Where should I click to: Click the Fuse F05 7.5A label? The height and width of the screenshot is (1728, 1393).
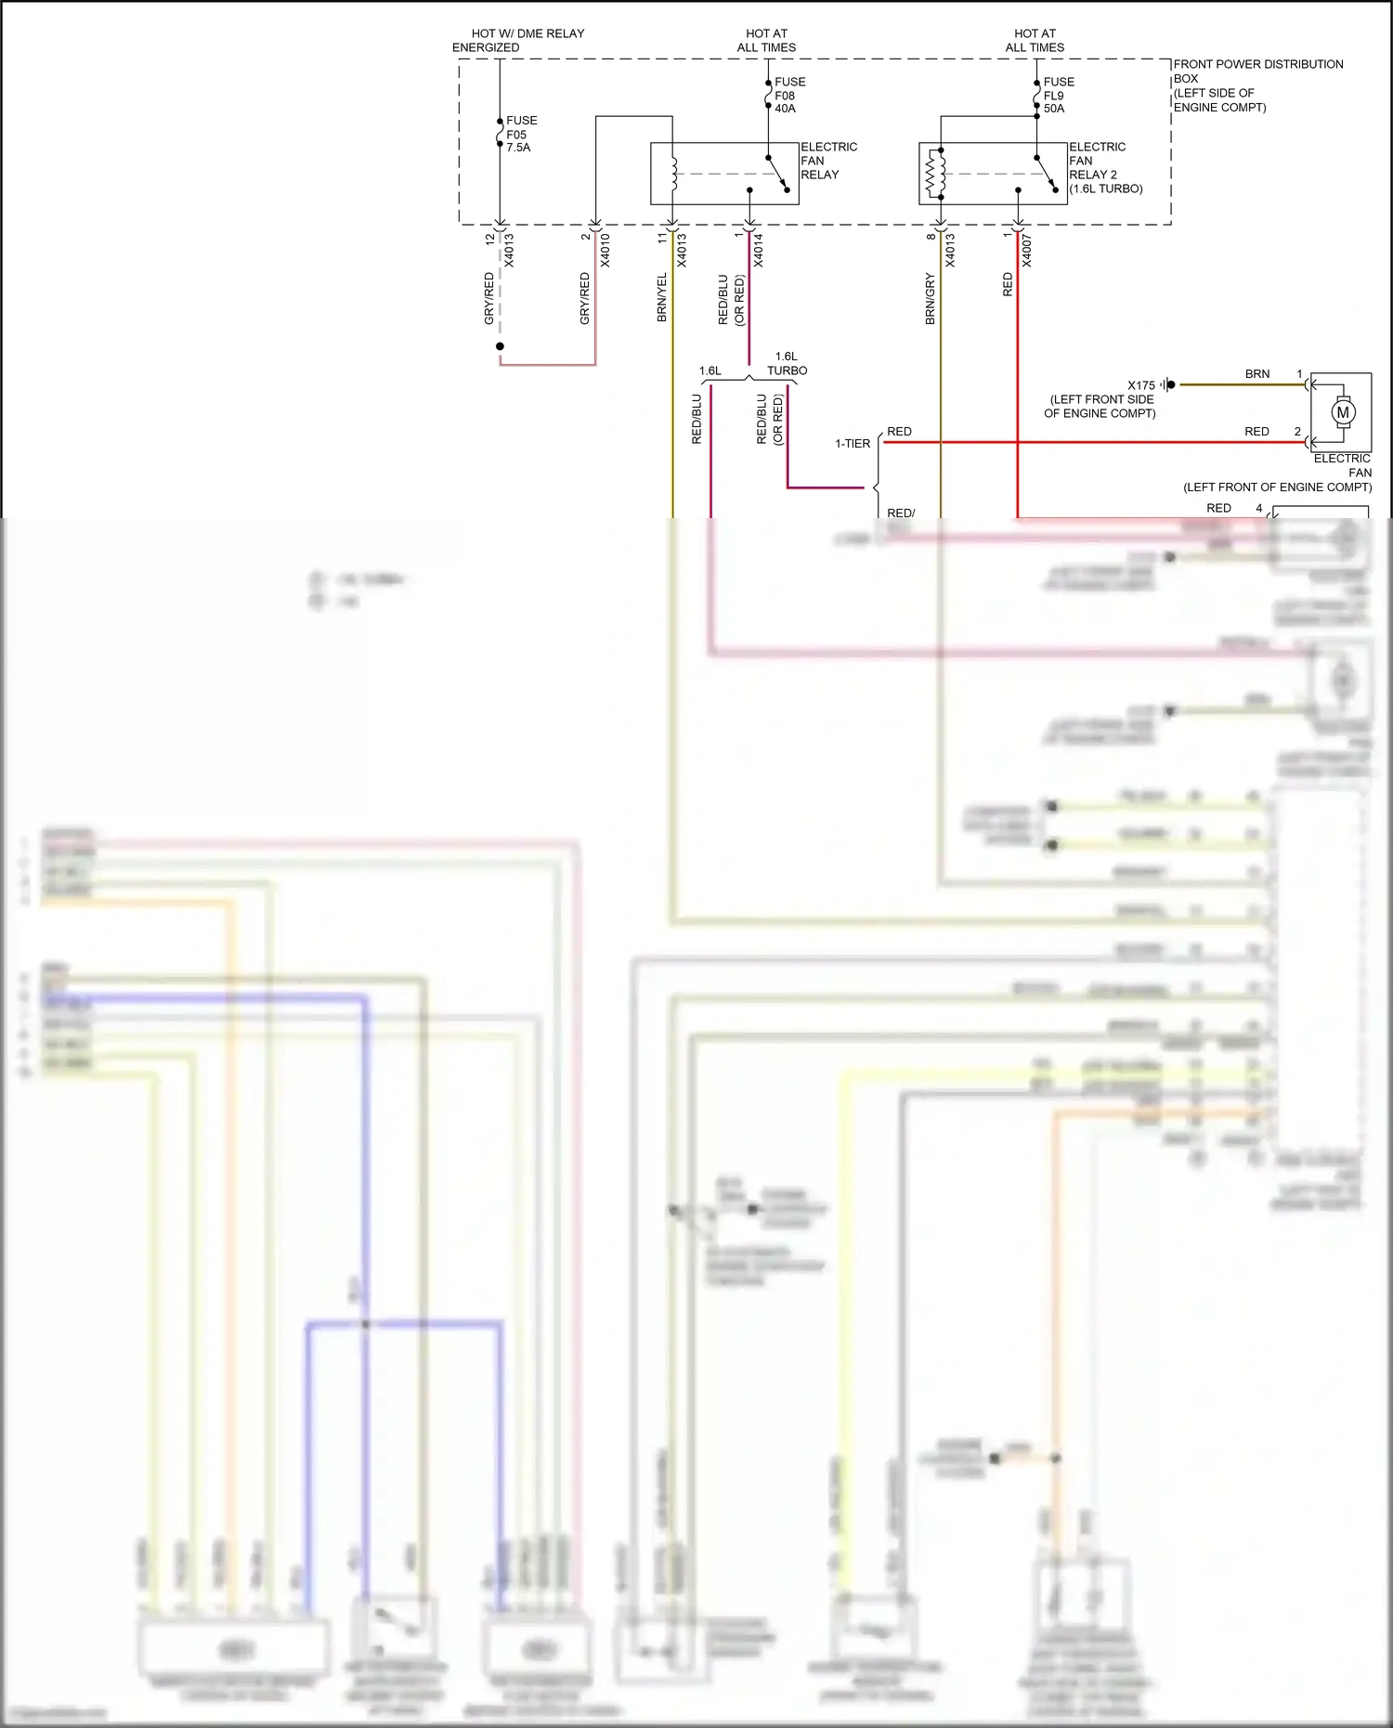pyautogui.click(x=520, y=134)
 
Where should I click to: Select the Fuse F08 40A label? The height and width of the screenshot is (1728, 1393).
pyautogui.click(x=788, y=96)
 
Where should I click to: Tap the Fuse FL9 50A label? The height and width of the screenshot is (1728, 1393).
pyautogui.click(x=1057, y=96)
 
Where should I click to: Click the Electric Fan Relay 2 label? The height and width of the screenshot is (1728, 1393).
pyautogui.click(x=1104, y=168)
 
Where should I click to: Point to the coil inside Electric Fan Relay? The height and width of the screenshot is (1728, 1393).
pyautogui.click(x=674, y=174)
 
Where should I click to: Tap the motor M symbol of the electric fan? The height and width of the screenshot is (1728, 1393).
pyautogui.click(x=1342, y=412)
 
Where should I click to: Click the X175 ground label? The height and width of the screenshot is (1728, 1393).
pyautogui.click(x=1140, y=385)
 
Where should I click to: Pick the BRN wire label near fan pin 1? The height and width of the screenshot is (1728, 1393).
pyautogui.click(x=1256, y=374)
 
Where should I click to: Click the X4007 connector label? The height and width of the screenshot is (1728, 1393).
pyautogui.click(x=1027, y=251)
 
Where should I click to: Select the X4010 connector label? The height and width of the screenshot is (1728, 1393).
pyautogui.click(x=605, y=251)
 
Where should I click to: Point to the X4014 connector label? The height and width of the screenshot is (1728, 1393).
pyautogui.click(x=759, y=251)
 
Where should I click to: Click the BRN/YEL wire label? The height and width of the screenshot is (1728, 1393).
pyautogui.click(x=662, y=298)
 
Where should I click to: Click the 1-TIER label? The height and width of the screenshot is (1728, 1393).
pyautogui.click(x=852, y=444)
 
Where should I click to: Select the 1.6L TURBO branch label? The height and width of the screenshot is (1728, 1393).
pyautogui.click(x=787, y=364)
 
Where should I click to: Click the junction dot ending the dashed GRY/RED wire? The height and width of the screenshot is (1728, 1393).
pyautogui.click(x=500, y=346)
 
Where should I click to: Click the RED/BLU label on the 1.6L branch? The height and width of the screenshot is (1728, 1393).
pyautogui.click(x=696, y=419)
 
